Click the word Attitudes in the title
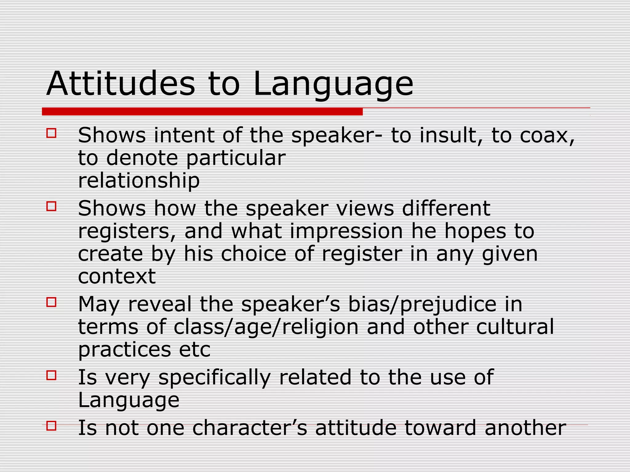click(121, 84)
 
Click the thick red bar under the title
click(202, 112)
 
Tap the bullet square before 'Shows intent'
click(51, 133)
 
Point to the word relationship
click(139, 180)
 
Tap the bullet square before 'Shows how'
click(51, 206)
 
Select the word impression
click(346, 231)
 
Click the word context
click(117, 276)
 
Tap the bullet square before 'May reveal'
click(51, 302)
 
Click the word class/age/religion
click(266, 327)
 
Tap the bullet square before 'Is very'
click(51, 375)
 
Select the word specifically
click(214, 378)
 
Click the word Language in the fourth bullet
click(129, 400)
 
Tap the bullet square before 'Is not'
click(51, 426)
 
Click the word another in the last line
click(525, 427)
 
